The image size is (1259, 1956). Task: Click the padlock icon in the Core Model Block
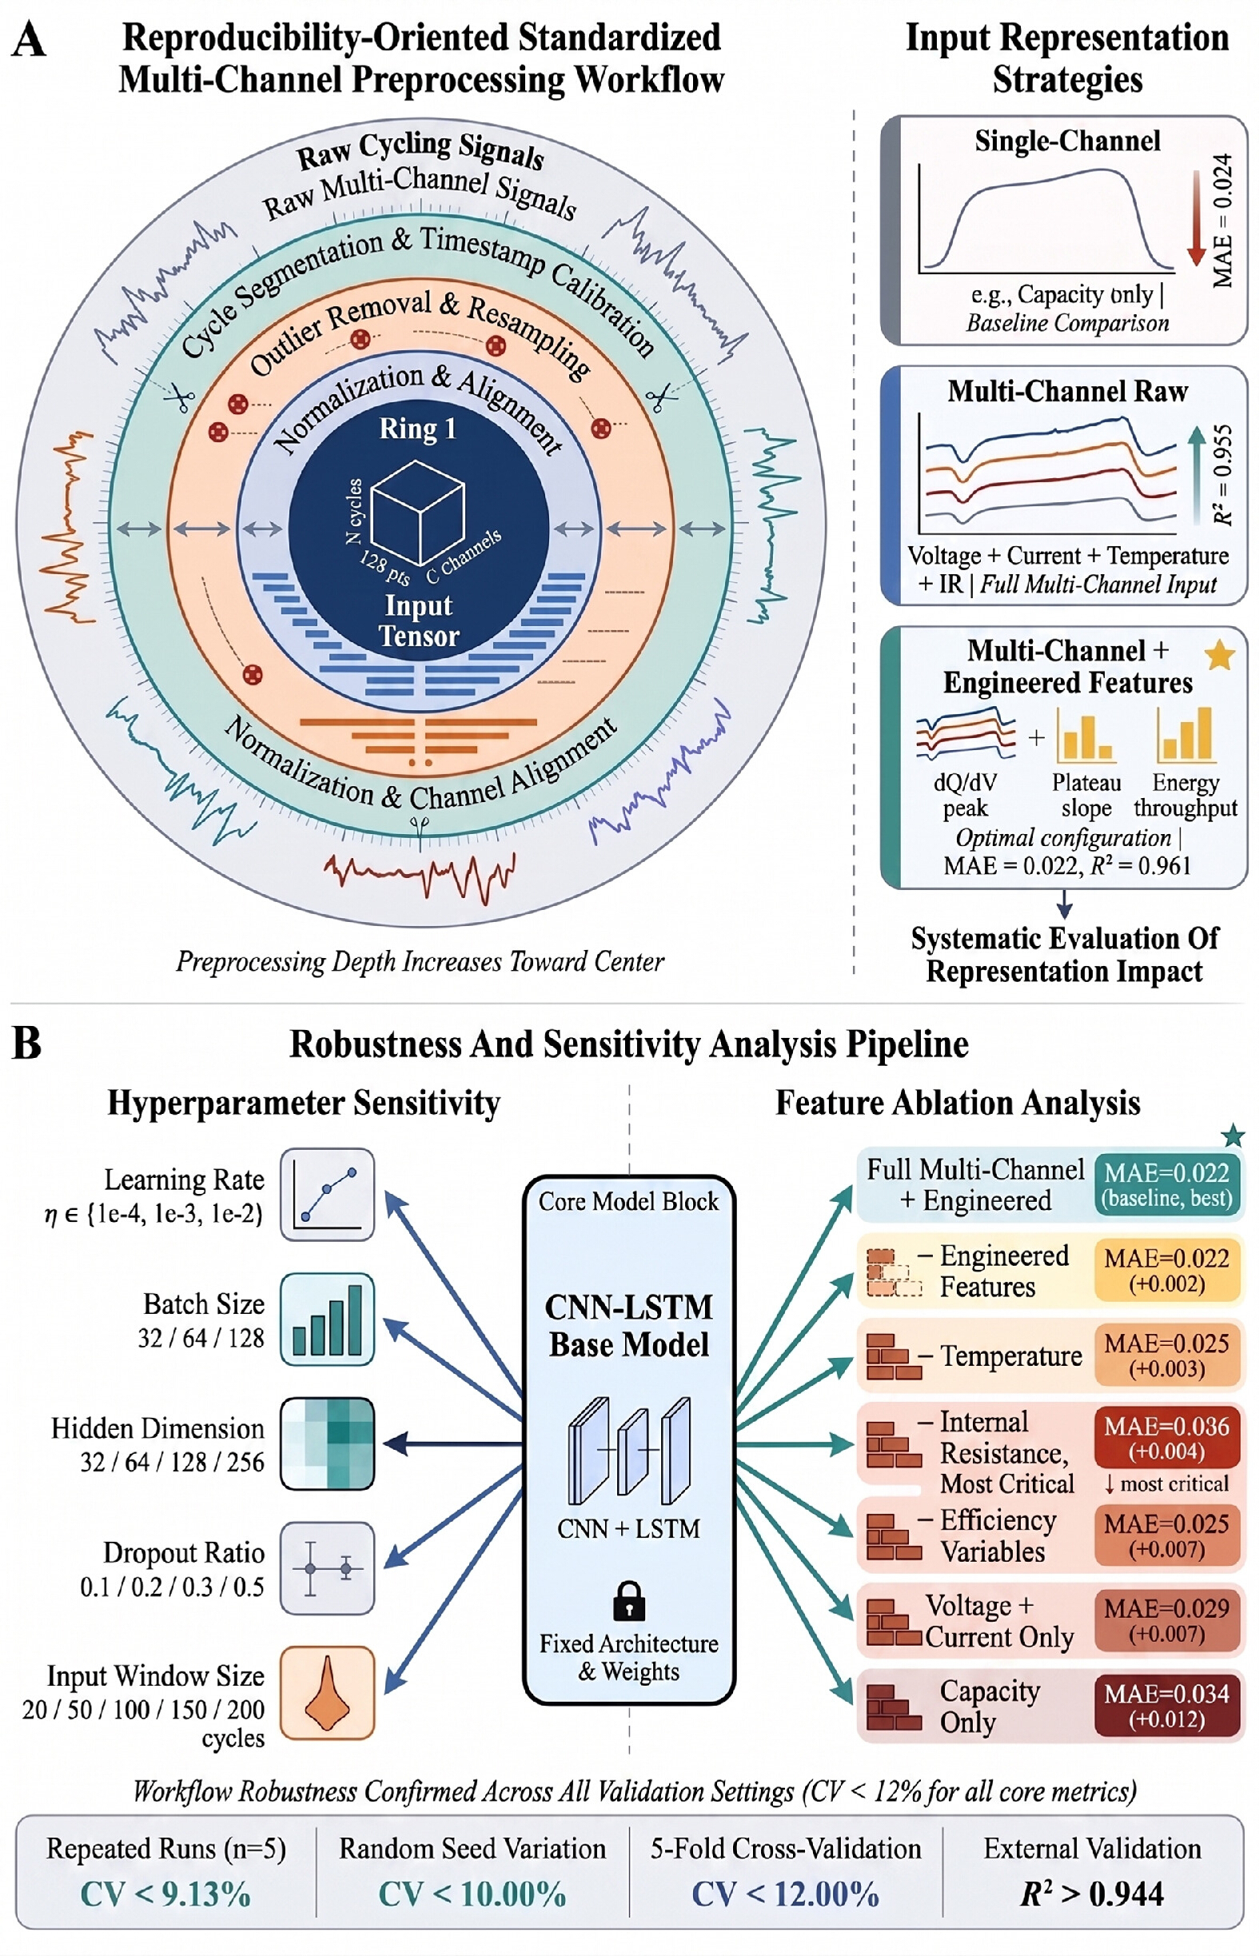[x=628, y=1600]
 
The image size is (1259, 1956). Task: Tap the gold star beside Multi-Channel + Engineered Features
[x=1220, y=655]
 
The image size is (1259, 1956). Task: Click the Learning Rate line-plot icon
[x=327, y=1195]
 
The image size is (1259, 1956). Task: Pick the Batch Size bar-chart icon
[x=327, y=1319]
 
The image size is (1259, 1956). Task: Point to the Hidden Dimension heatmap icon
[x=327, y=1443]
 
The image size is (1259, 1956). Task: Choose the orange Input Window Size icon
[x=327, y=1692]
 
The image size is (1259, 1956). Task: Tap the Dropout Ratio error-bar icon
[x=327, y=1567]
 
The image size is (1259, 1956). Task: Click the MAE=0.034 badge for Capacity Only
[x=1166, y=1705]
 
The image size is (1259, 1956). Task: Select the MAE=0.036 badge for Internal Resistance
[x=1166, y=1438]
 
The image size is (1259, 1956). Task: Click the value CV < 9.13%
[x=165, y=1894]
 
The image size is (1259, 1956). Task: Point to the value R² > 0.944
[x=1092, y=1894]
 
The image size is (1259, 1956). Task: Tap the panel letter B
[x=27, y=1044]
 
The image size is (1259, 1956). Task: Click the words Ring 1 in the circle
[x=418, y=429]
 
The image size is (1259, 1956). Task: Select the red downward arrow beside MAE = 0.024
[x=1196, y=218]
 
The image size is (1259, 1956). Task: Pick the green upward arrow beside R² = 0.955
[x=1196, y=471]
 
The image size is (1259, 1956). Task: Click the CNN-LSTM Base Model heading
[x=628, y=1325]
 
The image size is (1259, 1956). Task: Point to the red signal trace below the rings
[x=420, y=876]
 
